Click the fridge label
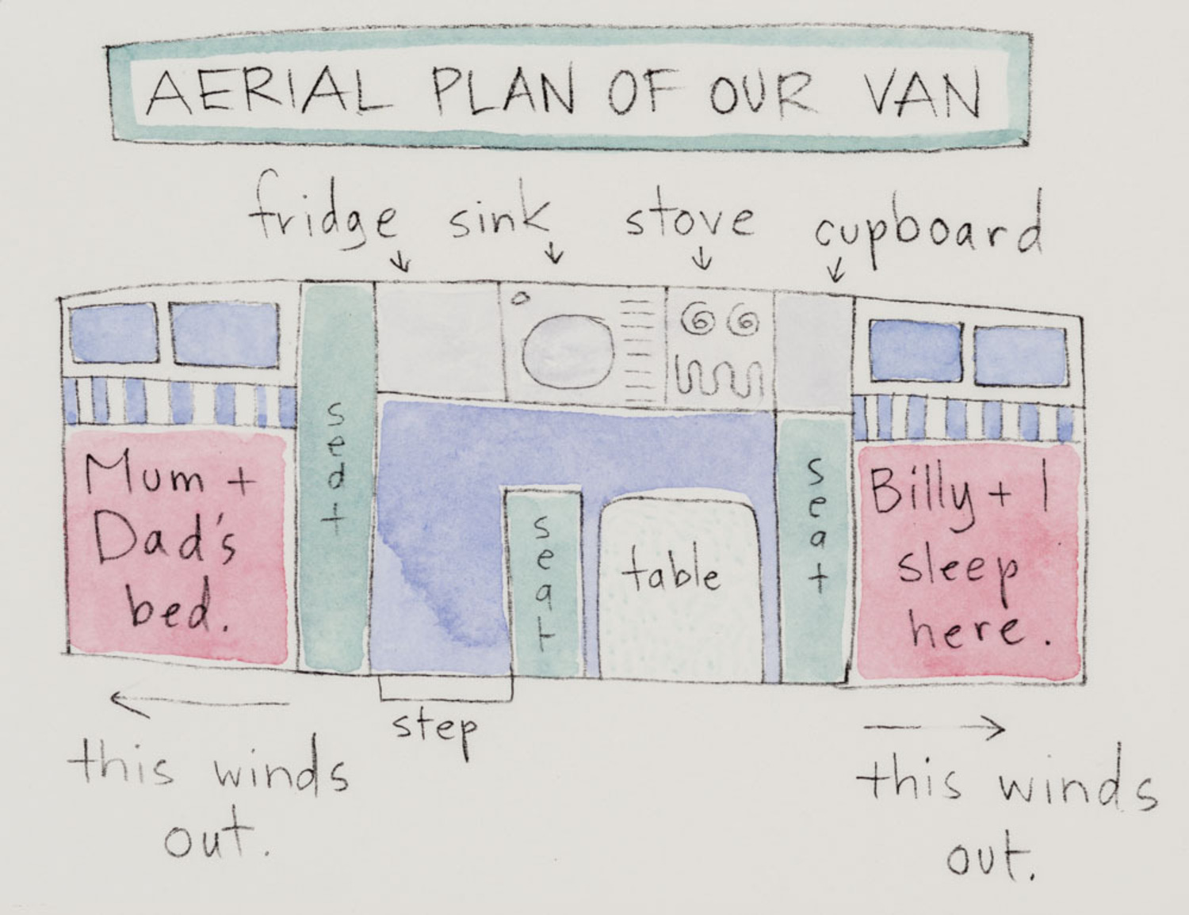coord(323,212)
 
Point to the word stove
coord(688,216)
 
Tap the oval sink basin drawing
coord(569,351)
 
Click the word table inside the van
coord(671,572)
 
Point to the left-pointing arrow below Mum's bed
coord(198,702)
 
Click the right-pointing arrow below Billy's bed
coord(935,726)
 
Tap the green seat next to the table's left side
coord(544,582)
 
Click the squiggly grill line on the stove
coord(717,379)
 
